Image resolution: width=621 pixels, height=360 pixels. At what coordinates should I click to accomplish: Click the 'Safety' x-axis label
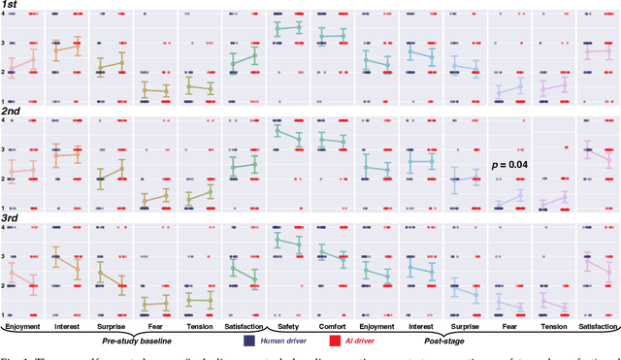pos(286,327)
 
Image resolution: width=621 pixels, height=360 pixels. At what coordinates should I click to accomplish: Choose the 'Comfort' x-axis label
pos(332,327)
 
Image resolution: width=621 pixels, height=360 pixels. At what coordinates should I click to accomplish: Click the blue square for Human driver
pos(250,342)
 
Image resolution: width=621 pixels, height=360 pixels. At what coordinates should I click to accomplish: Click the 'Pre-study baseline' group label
pos(142,342)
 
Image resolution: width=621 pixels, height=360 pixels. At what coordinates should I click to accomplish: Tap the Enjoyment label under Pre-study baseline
pos(23,327)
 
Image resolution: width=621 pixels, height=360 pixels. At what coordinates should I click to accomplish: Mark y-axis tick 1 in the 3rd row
pos(3,314)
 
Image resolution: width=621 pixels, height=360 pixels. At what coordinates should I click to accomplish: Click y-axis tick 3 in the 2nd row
pos(3,149)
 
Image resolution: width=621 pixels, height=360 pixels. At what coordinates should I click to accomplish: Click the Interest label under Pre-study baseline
pos(67,327)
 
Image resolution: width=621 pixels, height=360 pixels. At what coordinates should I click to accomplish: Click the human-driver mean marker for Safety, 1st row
pos(277,30)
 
